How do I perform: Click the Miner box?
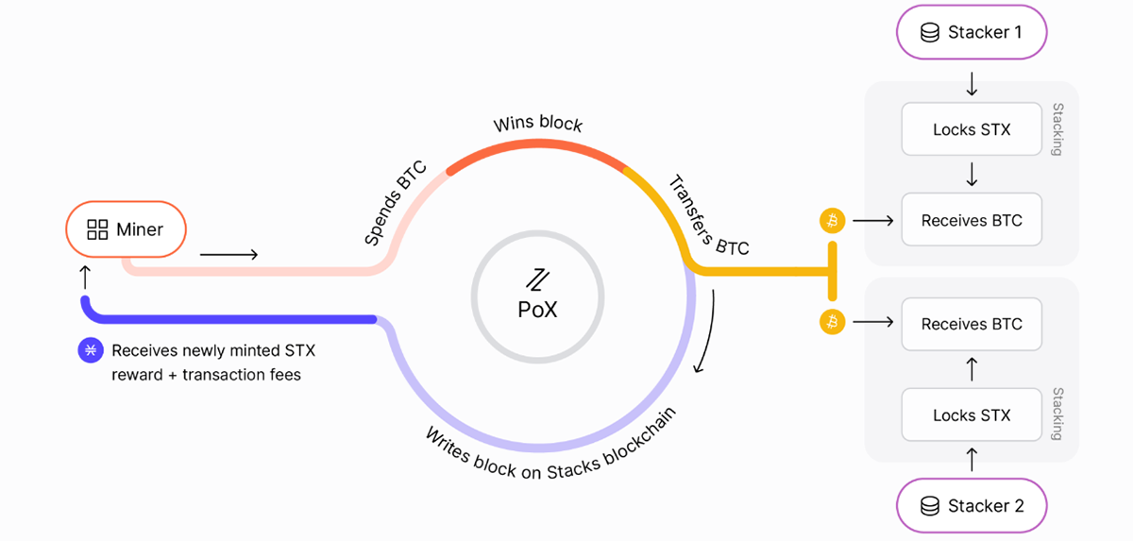click(126, 229)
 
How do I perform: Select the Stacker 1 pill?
click(972, 33)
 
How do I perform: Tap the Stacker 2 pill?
click(972, 506)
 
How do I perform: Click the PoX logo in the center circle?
click(537, 279)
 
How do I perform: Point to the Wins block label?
click(538, 124)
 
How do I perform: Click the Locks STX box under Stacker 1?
click(972, 129)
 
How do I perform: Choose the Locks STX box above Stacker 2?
click(972, 415)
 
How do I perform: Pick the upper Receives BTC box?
click(972, 221)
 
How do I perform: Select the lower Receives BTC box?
click(972, 324)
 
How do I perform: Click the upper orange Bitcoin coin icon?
click(832, 221)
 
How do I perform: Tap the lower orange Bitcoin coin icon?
click(832, 323)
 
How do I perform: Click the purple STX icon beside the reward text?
click(90, 350)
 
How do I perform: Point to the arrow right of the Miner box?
click(228, 254)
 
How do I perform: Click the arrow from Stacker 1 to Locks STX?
click(972, 84)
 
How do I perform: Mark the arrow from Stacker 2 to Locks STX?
click(972, 460)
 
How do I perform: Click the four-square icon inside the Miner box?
click(97, 229)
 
